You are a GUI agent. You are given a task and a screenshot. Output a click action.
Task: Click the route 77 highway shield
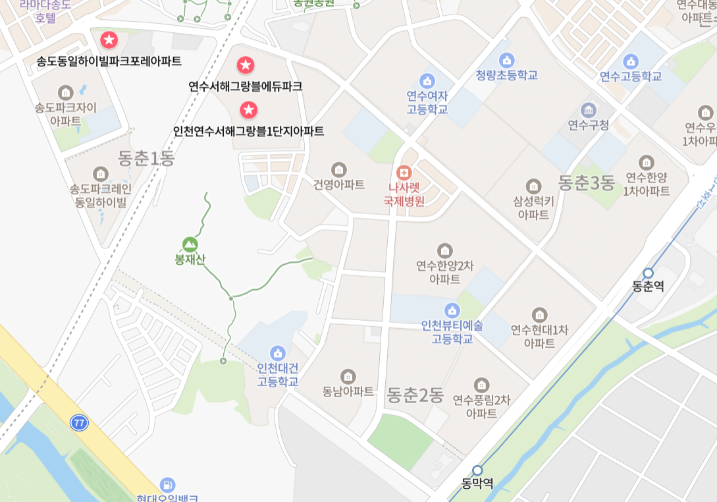point(80,423)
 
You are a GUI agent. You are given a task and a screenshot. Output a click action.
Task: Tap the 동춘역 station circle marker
point(648,273)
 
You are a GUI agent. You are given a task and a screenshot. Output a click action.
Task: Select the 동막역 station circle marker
point(477,470)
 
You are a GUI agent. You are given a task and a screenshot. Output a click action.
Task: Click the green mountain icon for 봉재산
point(190,244)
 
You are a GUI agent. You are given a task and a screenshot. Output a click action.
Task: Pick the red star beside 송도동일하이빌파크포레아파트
point(109,40)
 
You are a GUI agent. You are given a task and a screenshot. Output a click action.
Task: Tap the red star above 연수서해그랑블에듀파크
point(246,65)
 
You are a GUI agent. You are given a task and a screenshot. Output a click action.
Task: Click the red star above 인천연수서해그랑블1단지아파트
point(248,109)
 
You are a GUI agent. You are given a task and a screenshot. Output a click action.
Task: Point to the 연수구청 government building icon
point(588,109)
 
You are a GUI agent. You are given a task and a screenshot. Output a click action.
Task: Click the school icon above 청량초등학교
point(506,60)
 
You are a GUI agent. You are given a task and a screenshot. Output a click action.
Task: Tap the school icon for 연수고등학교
point(631,61)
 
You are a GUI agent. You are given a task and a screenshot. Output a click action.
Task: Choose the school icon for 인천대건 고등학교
point(278,352)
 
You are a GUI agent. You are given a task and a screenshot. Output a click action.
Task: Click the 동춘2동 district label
point(415,395)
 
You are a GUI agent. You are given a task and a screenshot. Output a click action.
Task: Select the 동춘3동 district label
point(586,182)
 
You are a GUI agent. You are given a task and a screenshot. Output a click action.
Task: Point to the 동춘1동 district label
point(146,158)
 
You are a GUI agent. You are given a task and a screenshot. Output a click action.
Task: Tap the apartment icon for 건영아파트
point(338,169)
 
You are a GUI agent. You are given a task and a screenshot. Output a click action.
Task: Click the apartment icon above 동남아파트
point(348,376)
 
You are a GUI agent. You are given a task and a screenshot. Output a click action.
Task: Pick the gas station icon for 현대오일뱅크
point(168,485)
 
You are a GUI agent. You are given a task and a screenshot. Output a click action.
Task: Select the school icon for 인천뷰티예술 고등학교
point(452,310)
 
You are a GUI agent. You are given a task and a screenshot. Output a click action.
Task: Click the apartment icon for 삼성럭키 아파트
point(533,186)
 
